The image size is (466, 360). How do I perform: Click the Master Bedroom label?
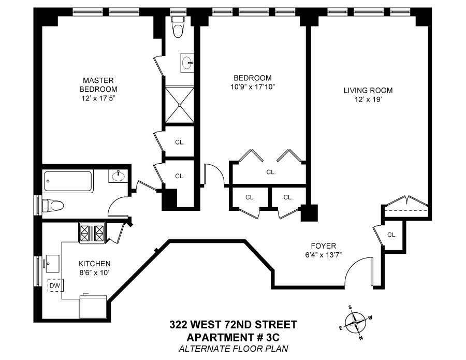tap(98, 85)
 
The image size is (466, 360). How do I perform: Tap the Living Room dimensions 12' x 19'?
tap(368, 99)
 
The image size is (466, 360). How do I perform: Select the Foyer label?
tap(323, 246)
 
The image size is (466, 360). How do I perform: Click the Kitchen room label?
tap(94, 263)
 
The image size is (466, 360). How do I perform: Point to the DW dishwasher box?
tap(55, 286)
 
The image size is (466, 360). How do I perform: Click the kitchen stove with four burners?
tap(92, 233)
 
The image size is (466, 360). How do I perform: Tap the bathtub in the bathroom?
tap(68, 181)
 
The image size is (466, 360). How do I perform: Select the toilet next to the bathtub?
tap(53, 205)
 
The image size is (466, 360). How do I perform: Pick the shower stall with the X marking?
tap(180, 104)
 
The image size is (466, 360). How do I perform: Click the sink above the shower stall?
tap(187, 63)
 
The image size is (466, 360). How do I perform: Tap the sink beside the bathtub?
tap(118, 176)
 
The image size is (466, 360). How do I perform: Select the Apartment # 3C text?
tap(233, 337)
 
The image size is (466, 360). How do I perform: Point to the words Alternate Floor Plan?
tap(234, 349)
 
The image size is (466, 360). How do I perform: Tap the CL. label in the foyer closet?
tap(392, 235)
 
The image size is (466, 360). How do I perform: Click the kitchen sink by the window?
tap(52, 263)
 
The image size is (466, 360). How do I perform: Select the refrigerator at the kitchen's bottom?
tap(93, 307)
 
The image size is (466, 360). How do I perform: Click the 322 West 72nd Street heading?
tap(234, 324)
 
